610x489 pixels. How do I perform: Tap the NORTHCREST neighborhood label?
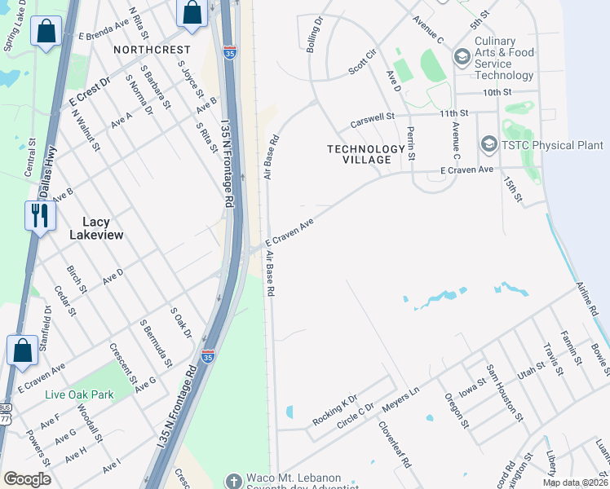coord(152,50)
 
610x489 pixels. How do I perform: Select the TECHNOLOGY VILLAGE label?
coord(366,154)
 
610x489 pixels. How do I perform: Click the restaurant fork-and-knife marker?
coord(40,216)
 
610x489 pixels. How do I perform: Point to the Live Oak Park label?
coord(79,394)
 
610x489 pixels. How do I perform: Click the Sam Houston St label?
coord(502,389)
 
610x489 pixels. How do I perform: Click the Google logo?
coord(28,478)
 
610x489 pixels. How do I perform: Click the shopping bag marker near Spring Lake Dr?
coord(46,32)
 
